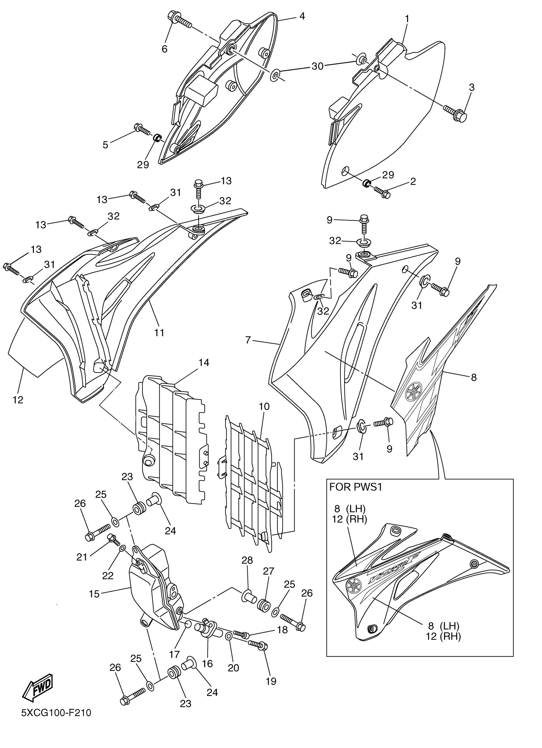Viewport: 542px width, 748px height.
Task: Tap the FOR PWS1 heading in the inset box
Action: tap(355, 487)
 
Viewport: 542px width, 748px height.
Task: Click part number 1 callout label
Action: tap(407, 19)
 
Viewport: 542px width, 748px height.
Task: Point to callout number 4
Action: tap(302, 16)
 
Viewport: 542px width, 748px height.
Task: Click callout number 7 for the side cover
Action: tap(248, 340)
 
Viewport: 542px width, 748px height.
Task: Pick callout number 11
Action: tap(159, 333)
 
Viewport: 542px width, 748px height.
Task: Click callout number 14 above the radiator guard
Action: tap(204, 362)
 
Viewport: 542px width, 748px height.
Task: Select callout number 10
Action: tap(264, 407)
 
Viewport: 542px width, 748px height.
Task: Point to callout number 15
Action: tap(94, 594)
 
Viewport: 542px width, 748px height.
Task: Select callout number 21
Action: tap(82, 557)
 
